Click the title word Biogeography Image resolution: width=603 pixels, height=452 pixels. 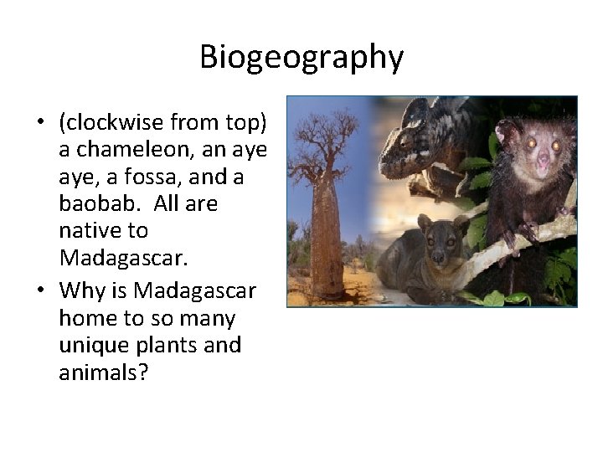[301, 58]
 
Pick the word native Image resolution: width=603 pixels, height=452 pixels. [89, 231]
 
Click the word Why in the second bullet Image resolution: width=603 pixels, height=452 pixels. [80, 291]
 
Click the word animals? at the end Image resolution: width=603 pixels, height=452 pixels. [103, 372]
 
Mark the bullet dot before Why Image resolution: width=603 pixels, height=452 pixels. [40, 292]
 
